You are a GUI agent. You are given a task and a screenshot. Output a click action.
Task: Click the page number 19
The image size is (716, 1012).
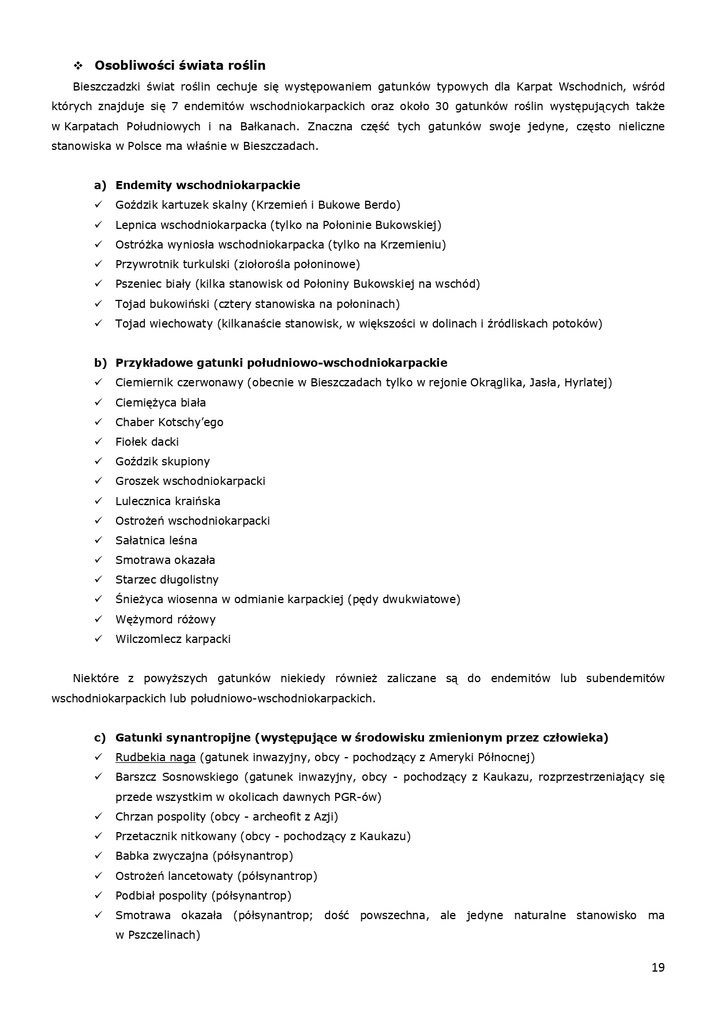click(658, 968)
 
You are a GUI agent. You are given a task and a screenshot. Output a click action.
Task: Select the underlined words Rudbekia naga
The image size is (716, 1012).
click(155, 757)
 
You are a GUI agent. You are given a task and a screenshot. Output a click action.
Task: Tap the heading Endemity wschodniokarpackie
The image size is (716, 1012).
click(208, 185)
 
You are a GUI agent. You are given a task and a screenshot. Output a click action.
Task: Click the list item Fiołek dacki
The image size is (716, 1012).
click(147, 442)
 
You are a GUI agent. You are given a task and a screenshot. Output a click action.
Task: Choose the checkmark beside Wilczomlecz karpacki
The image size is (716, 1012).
click(99, 639)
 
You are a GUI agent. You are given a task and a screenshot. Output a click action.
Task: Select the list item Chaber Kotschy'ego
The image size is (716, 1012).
click(169, 422)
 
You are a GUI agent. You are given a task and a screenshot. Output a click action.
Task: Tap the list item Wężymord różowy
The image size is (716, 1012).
click(165, 619)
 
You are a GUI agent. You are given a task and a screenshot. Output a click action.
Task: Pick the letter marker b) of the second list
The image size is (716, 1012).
click(100, 363)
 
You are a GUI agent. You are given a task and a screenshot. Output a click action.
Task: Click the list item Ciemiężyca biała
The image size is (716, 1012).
click(160, 402)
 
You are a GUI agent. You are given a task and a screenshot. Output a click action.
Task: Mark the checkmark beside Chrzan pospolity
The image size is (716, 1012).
click(99, 817)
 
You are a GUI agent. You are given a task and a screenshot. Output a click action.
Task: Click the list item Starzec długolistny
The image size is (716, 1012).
click(167, 580)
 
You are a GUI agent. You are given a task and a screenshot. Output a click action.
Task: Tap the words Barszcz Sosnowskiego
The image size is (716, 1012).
click(177, 777)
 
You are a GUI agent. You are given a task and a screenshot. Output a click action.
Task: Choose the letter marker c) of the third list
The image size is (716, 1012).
click(100, 738)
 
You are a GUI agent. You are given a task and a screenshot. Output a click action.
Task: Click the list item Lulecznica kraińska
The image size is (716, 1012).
click(167, 501)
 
